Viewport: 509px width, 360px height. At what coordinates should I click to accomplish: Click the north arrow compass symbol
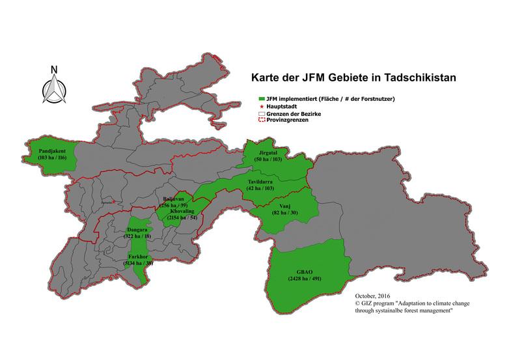tap(55, 90)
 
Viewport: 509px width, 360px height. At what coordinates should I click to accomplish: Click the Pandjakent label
tap(52, 151)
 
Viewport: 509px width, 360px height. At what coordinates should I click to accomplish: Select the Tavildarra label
tap(264, 181)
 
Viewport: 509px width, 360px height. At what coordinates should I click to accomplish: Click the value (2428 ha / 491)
tap(305, 279)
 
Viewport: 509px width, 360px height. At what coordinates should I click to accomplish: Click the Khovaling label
tap(183, 212)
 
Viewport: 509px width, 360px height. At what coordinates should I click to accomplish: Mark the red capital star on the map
tap(113, 202)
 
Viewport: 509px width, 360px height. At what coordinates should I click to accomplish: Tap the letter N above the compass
tap(55, 70)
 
